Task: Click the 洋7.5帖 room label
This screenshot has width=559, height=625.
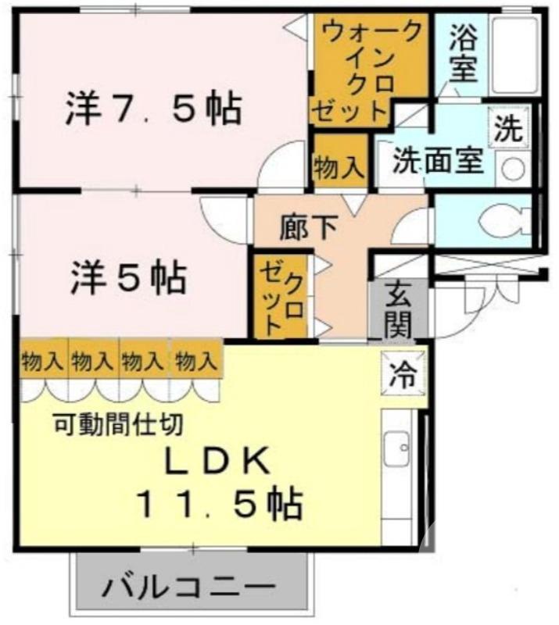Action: coord(152,109)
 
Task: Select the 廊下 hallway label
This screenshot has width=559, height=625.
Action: coord(309,227)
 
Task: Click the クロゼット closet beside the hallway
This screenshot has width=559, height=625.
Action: coord(282,296)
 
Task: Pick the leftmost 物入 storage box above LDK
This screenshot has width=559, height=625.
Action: coord(42,361)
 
